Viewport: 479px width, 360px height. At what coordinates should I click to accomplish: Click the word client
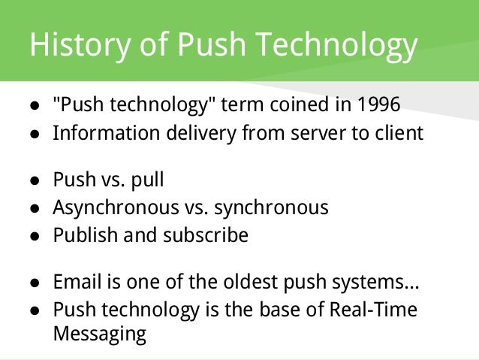pos(397,133)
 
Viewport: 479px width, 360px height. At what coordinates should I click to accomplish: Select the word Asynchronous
pos(113,207)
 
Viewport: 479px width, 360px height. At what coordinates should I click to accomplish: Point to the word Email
pos(74,283)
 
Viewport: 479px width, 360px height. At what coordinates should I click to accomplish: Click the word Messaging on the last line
pos(99,334)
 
